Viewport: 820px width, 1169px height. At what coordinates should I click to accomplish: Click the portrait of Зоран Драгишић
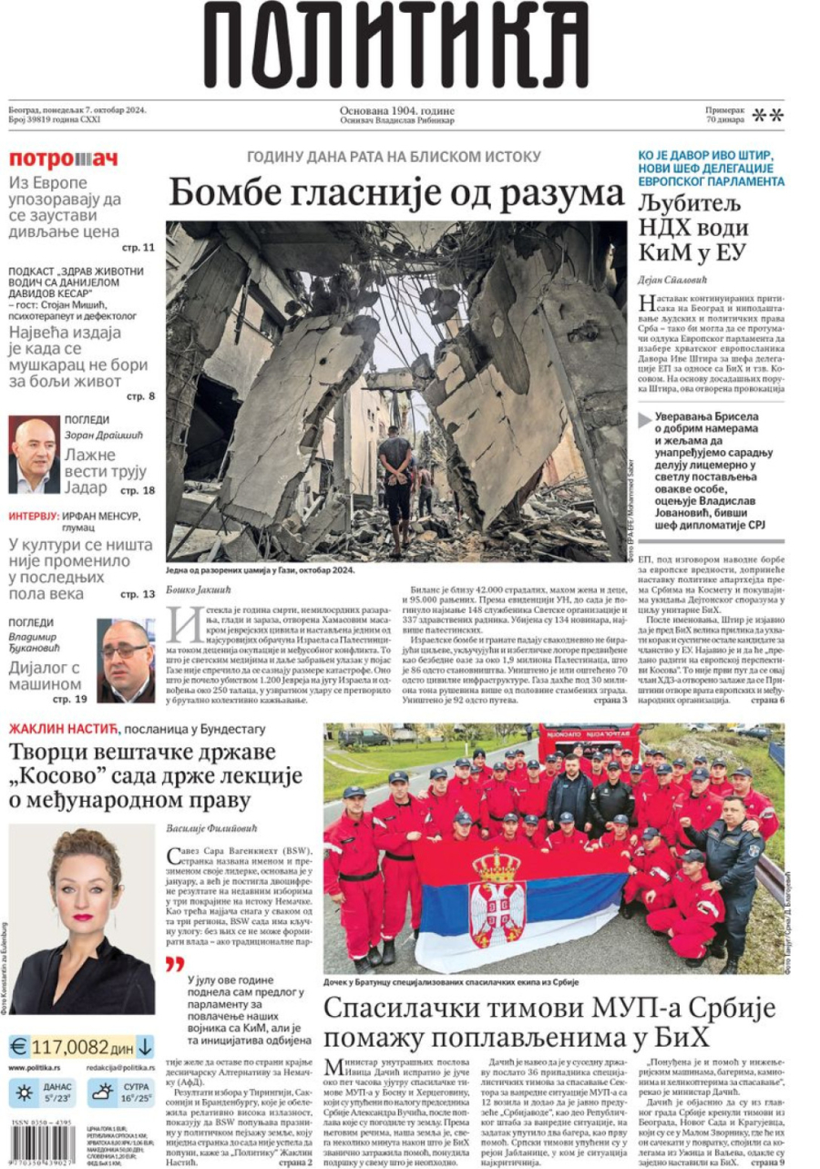34,455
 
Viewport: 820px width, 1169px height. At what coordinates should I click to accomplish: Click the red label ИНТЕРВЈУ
34,516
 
